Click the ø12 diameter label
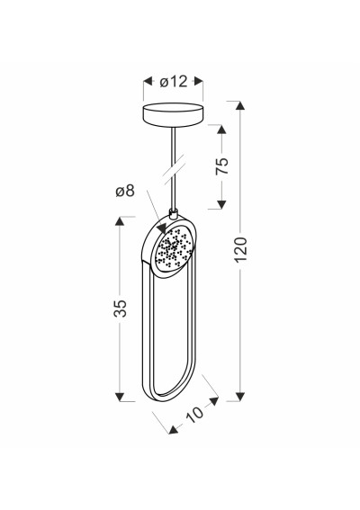174,81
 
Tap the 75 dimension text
222,166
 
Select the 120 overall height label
241,250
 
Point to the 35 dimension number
120,308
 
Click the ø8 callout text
125,192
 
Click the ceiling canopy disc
173,115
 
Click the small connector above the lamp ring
174,214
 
